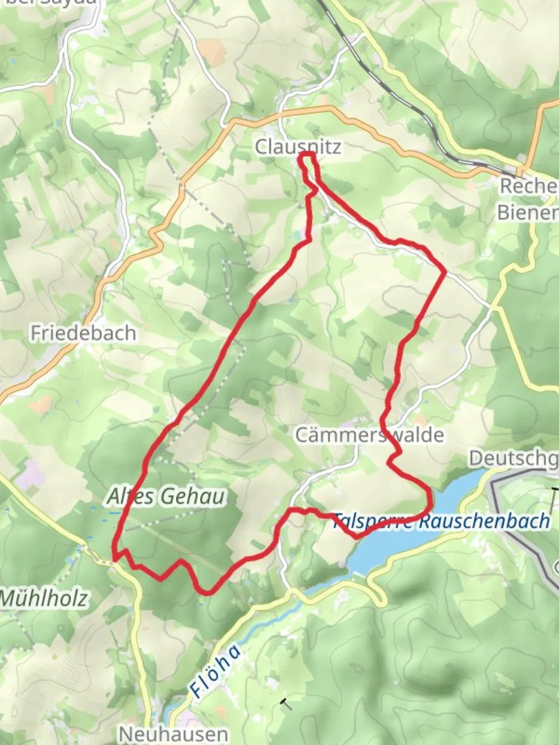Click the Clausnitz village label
pyautogui.click(x=297, y=146)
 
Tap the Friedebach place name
pyautogui.click(x=83, y=333)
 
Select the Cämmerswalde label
pyautogui.click(x=369, y=435)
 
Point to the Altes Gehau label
pyautogui.click(x=166, y=497)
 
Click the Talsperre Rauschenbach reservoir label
pyautogui.click(x=442, y=521)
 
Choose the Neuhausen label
pyautogui.click(x=173, y=733)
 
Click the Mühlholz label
pyautogui.click(x=44, y=598)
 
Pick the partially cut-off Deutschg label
pyautogui.click(x=513, y=457)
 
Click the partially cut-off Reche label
pyautogui.click(x=529, y=187)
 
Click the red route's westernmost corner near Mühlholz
pyautogui.click(x=114, y=556)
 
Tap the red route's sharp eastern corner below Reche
pyautogui.click(x=444, y=271)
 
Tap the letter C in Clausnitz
pyautogui.click(x=261, y=146)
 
